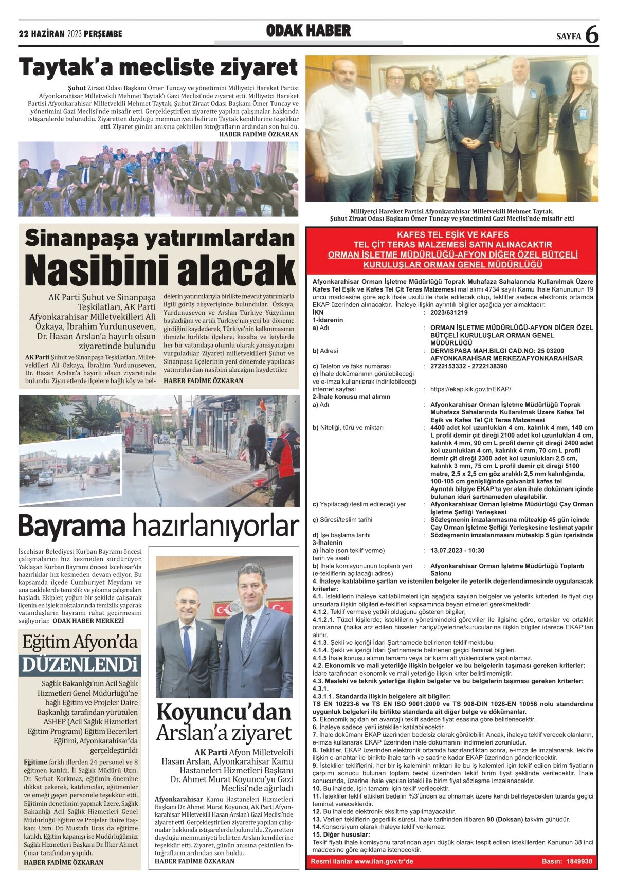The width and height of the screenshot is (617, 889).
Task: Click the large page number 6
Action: pos(592,35)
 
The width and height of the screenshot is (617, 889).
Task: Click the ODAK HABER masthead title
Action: pos(308,31)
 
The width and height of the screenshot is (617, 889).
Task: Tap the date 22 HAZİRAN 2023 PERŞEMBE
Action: pos(70,34)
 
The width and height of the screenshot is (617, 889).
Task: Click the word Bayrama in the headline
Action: pos(72,526)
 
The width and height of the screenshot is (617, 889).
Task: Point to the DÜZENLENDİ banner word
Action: pos(80,665)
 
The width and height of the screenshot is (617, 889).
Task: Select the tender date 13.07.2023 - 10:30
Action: pos(457,550)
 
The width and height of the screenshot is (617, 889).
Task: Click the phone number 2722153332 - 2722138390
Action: pos(468,366)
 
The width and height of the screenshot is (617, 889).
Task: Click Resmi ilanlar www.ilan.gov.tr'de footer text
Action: pos(362,861)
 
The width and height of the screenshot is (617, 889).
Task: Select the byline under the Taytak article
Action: pos(259,134)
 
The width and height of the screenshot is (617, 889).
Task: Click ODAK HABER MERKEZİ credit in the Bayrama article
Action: pos(88,621)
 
